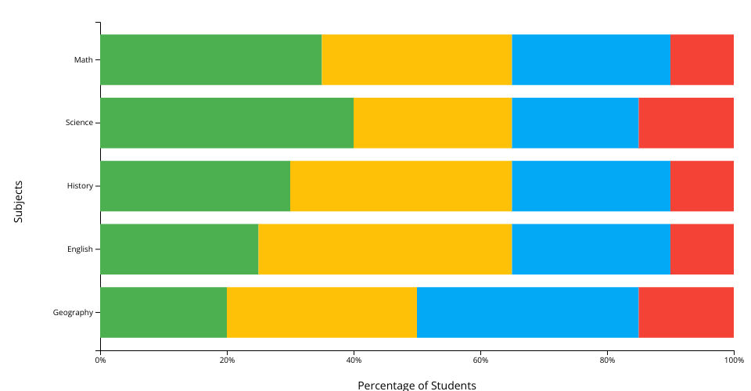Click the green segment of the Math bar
point(210,59)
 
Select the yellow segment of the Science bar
point(433,123)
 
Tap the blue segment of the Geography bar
point(527,312)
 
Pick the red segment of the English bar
point(702,249)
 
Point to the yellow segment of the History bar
point(401,186)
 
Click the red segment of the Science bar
point(686,123)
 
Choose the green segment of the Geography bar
point(163,312)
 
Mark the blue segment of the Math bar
point(591,59)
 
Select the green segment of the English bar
point(179,249)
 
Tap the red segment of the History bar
point(702,186)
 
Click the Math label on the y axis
point(83,59)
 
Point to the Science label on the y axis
point(79,123)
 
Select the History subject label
point(80,186)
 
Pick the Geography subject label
point(73,313)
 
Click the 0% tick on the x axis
point(100,361)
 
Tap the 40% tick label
point(354,361)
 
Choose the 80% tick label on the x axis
point(607,361)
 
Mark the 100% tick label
point(733,361)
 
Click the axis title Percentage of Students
point(416,385)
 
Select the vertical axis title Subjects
point(19,201)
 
